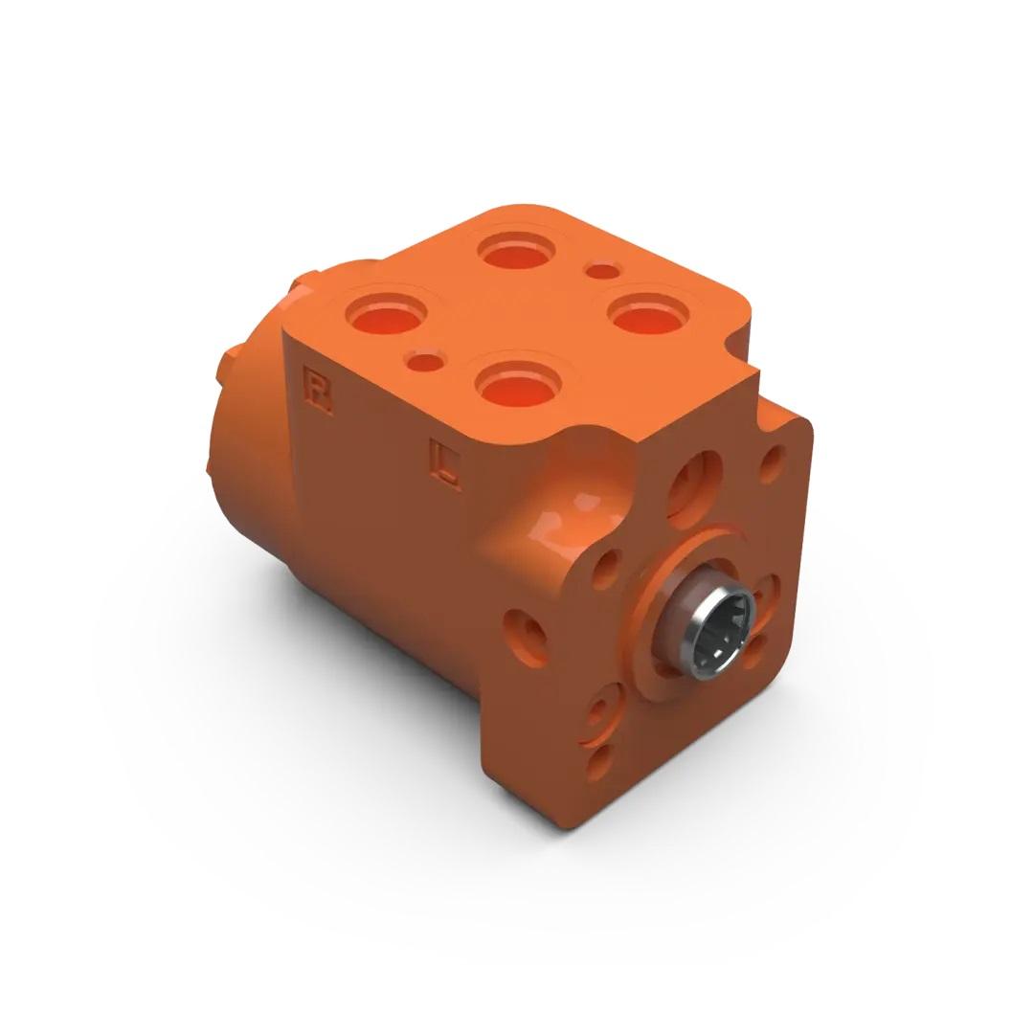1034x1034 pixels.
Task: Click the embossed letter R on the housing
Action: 317,393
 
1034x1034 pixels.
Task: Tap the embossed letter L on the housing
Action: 445,465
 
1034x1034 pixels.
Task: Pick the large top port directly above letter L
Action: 518,387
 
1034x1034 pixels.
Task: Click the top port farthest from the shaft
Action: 517,252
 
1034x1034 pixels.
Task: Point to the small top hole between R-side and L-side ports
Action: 425,362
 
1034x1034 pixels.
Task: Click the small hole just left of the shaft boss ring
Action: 606,569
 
